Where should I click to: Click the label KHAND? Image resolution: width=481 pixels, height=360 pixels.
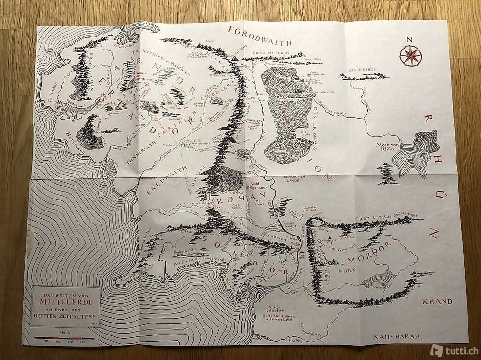[436, 302]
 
